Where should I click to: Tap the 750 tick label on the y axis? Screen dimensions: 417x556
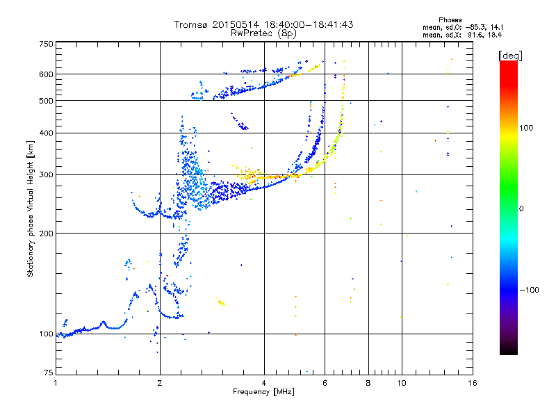47,44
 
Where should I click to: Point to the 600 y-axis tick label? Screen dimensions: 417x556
47,74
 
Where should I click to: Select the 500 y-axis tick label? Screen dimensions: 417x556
47,101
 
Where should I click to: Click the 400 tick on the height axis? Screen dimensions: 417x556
47,133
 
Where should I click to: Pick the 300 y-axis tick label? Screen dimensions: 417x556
47,174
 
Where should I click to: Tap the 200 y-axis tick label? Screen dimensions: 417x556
47,233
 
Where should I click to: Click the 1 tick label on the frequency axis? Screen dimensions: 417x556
56,383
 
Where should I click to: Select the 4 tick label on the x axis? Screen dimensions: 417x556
264,383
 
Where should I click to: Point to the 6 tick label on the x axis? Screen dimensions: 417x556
325,383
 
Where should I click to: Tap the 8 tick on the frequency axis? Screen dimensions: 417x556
368,383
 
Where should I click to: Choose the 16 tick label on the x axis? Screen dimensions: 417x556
472,383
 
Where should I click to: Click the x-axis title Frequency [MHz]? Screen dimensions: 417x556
263,392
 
